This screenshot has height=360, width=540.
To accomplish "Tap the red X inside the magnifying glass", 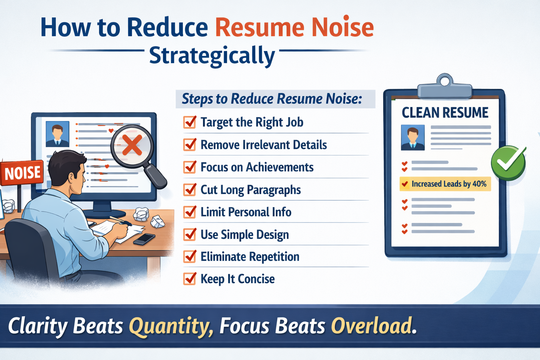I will [x=132, y=145].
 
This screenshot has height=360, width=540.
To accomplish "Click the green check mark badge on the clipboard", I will [x=508, y=163].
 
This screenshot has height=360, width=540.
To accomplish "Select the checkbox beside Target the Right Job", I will [x=190, y=122].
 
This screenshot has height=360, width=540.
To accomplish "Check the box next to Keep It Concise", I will [x=190, y=279].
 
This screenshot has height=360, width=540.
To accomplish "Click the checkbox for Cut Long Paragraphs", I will [x=190, y=190].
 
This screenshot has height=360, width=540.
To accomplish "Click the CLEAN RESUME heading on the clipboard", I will [x=445, y=113].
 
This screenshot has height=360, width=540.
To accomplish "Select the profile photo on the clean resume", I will [x=413, y=137].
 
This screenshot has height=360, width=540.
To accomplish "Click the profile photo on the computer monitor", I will [x=57, y=134].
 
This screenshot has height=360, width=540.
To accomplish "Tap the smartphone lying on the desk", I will [x=144, y=239].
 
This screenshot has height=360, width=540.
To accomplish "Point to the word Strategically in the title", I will [x=212, y=56].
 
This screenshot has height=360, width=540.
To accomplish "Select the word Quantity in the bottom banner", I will [x=171, y=326].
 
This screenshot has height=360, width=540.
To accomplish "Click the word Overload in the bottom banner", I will [x=371, y=326].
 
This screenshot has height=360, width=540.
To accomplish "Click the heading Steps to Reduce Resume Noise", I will [x=272, y=99].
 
